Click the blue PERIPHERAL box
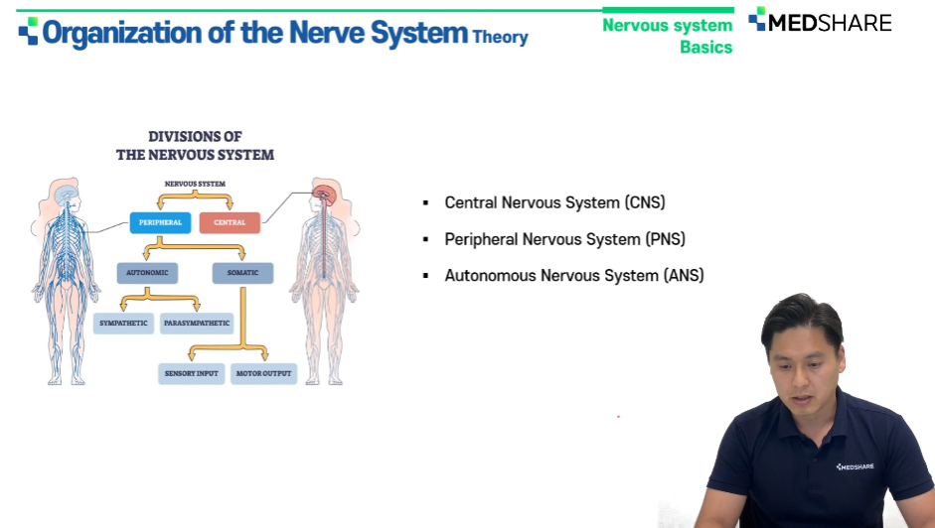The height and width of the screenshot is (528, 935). (x=160, y=222)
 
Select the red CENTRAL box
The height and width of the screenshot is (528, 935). (x=230, y=222)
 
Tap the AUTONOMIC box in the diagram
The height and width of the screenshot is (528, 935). (x=147, y=272)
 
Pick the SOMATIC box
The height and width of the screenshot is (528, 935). (x=242, y=272)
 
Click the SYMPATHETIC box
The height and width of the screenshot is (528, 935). (x=123, y=323)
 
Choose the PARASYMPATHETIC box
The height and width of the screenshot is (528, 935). (x=197, y=323)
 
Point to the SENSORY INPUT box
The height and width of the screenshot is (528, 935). (x=192, y=373)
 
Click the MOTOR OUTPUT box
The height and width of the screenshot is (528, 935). (x=263, y=373)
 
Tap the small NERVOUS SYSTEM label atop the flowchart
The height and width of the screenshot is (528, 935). (x=195, y=185)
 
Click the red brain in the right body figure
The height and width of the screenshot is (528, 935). (x=325, y=195)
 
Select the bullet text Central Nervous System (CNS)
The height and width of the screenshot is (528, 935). (x=554, y=202)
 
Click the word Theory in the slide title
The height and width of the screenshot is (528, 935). (x=501, y=37)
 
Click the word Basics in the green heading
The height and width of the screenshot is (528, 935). (x=706, y=47)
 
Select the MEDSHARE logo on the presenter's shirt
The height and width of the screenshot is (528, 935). (x=856, y=466)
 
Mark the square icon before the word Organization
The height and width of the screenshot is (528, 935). (x=28, y=31)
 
